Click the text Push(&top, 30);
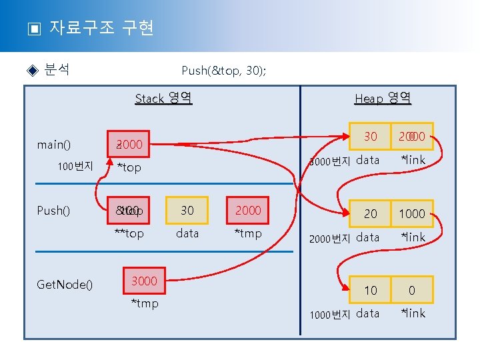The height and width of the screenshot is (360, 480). pos(224,70)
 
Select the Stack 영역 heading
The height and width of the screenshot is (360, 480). pos(163,99)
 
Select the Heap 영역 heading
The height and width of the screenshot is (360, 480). pos(383,99)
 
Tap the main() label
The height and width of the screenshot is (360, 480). pos(54,144)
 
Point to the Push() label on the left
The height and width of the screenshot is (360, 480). pos(53,211)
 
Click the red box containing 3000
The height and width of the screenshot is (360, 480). pos(144,281)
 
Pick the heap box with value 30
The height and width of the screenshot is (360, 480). pos(371,137)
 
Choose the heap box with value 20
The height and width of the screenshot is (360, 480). pos(371,213)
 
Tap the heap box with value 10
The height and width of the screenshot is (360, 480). pos(371,290)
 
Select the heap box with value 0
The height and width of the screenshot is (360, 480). pos(412,290)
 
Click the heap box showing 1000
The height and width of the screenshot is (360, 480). pos(412,213)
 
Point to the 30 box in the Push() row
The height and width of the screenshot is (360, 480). pos(187,211)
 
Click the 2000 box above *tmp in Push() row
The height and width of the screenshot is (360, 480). pos(248,211)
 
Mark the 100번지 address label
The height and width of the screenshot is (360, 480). pos(75,167)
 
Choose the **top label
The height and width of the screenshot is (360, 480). pos(129,233)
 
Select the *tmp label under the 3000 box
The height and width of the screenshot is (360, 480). pos(144,304)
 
